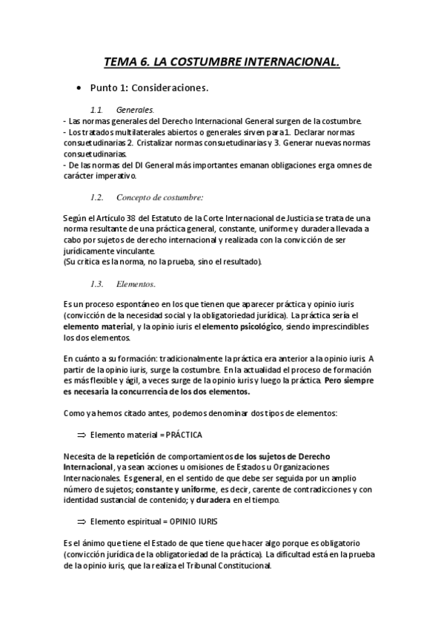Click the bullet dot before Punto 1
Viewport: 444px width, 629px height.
point(79,88)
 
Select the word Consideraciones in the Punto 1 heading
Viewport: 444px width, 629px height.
point(172,88)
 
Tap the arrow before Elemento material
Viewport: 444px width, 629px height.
point(82,435)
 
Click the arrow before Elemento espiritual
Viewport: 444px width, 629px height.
point(82,521)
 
